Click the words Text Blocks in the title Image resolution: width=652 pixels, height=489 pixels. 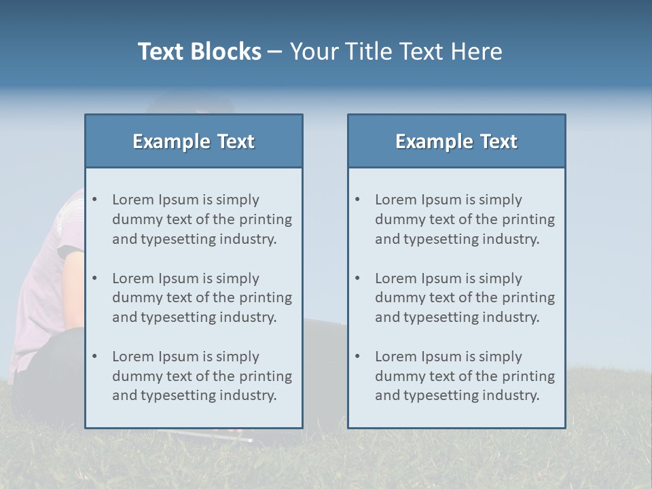(x=199, y=52)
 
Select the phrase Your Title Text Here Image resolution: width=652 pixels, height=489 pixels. (x=396, y=52)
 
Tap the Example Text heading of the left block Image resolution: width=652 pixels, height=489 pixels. (x=194, y=141)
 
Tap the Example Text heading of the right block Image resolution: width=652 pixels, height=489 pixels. (x=456, y=141)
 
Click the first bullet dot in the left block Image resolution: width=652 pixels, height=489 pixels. (x=95, y=200)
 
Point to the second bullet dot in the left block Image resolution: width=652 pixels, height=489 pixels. (x=95, y=278)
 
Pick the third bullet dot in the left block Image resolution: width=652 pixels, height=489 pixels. (x=95, y=357)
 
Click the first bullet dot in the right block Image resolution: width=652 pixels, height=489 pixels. (x=358, y=200)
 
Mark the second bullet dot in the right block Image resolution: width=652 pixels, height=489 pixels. (x=358, y=278)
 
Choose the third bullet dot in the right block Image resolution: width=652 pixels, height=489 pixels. (x=358, y=357)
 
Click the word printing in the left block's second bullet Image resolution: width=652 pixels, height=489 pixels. (x=266, y=297)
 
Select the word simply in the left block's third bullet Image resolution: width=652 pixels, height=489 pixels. (x=238, y=357)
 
